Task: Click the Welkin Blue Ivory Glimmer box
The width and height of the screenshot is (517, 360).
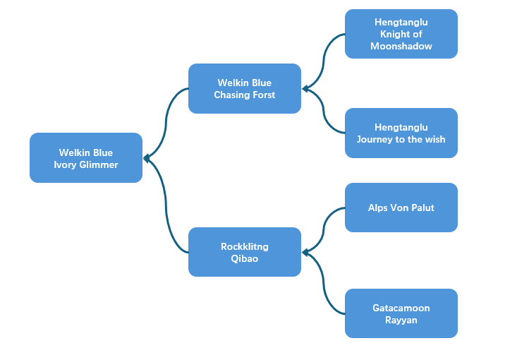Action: [x=86, y=158]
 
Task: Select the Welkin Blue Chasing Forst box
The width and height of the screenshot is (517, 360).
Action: [x=245, y=89]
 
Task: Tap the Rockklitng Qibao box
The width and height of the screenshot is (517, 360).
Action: [x=245, y=252]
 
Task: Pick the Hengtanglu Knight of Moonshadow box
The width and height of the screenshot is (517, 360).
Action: [x=401, y=34]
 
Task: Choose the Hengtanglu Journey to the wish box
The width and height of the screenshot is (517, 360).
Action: [x=401, y=133]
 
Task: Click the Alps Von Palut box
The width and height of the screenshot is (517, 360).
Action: [x=401, y=208]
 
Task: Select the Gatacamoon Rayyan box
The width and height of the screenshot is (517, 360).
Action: [x=401, y=313]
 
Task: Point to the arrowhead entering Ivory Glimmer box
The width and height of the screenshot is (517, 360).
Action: [x=146, y=158]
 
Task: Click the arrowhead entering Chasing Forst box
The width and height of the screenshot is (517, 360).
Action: [x=305, y=89]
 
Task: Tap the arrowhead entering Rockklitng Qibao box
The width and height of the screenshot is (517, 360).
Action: [x=305, y=252]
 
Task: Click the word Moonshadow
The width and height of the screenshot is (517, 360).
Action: [x=401, y=46]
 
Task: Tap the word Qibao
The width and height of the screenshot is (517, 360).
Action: [x=245, y=258]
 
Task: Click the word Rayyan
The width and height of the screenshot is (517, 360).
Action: [x=401, y=320]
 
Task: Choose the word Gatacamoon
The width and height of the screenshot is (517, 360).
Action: [x=401, y=308]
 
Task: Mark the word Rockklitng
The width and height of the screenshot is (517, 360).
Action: [x=245, y=246]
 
